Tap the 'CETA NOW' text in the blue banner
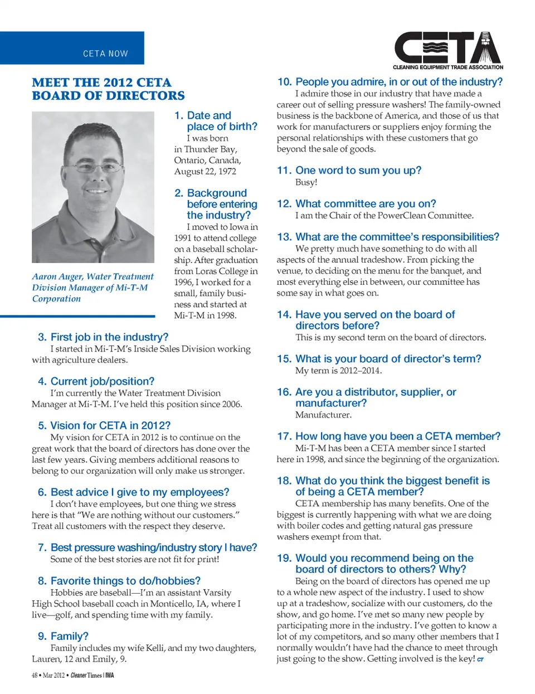105,54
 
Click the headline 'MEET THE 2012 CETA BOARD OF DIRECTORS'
108,89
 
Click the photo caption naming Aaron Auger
93,288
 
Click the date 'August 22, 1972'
205,171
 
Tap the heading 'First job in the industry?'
109,337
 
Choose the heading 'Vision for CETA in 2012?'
110,425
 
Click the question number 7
42,548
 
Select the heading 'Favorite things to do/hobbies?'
125,581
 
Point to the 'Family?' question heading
69,636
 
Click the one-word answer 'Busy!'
306,182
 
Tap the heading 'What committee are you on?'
366,204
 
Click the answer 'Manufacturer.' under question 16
323,415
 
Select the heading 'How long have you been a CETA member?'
398,436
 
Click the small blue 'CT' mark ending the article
480,659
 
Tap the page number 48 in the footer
35,676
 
